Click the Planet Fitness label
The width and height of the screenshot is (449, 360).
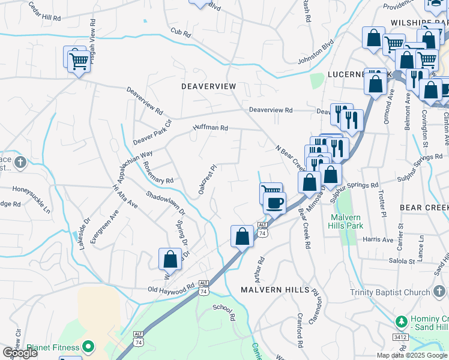tap(53, 347)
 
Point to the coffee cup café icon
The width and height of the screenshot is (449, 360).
tap(274, 202)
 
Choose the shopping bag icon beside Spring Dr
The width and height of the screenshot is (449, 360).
tap(170, 259)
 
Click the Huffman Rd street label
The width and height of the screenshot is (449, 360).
tap(211, 128)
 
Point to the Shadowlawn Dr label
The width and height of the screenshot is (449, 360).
tap(166, 203)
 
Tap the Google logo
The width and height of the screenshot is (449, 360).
tap(20, 353)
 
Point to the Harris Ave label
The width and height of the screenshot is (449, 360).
tap(378, 239)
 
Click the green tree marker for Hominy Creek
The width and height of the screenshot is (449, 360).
tap(400, 322)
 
